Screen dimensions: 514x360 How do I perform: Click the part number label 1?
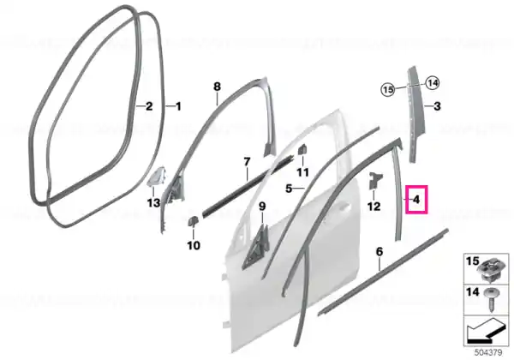(x=178, y=106)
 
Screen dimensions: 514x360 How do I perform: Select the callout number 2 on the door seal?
(x=149, y=106)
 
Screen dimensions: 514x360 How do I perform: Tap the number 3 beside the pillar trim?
(x=437, y=106)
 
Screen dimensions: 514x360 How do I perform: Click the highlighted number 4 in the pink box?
(x=416, y=199)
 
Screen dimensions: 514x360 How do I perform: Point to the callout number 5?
(x=289, y=189)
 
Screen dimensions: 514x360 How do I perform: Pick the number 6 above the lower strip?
(x=380, y=252)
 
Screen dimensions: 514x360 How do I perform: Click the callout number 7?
(x=247, y=162)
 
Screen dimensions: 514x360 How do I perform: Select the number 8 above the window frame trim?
(x=217, y=87)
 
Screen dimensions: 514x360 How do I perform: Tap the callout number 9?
(x=262, y=207)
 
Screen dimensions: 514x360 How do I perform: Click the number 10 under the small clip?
(x=194, y=245)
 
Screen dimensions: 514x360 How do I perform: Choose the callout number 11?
(x=302, y=172)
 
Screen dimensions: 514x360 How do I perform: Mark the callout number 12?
(x=374, y=207)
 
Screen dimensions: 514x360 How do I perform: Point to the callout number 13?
(x=153, y=203)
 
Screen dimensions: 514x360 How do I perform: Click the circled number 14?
(x=433, y=83)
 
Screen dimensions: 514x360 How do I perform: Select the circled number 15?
(x=388, y=89)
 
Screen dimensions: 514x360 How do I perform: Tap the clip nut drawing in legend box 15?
(x=492, y=270)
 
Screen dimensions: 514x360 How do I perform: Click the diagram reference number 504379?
(x=488, y=352)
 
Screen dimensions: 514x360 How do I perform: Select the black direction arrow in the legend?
(x=487, y=332)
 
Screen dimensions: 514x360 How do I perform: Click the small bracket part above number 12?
(x=374, y=180)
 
